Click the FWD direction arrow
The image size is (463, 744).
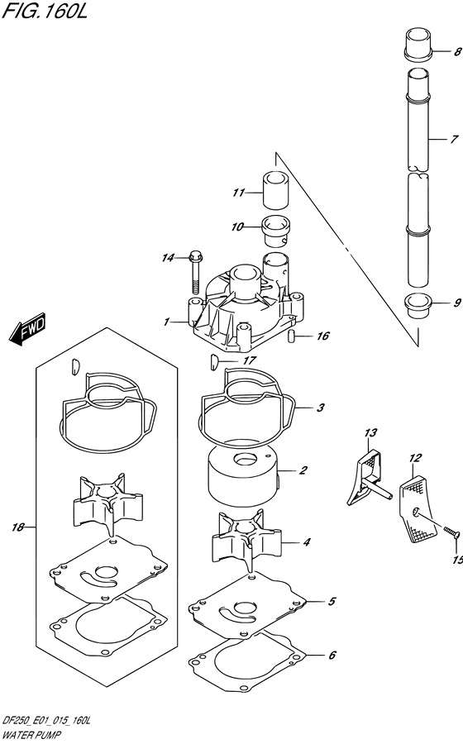coord(27,328)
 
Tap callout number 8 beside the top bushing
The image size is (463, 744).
coord(457,52)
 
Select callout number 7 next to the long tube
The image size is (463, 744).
coord(455,140)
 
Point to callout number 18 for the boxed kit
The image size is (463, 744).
coord(17,527)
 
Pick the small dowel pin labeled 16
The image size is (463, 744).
coord(292,336)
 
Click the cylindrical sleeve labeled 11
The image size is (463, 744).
coord(275,190)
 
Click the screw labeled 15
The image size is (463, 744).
coord(452,532)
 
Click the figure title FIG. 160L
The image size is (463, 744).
coord(45,12)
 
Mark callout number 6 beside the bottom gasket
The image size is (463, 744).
coord(332,656)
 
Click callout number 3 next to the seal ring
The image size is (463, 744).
coord(320,408)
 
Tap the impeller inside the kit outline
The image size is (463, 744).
coord(107,504)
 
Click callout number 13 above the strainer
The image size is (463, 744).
coord(370,432)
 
